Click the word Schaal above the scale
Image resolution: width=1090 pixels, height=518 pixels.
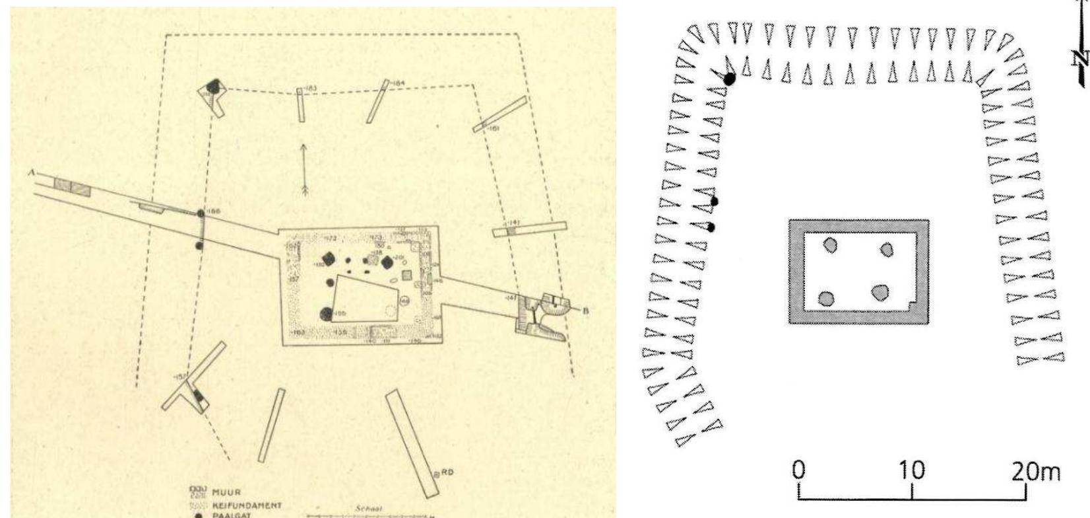(x=364, y=509)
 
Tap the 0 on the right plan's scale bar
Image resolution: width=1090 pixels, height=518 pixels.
(x=799, y=470)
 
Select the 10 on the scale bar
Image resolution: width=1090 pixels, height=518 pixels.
(x=911, y=470)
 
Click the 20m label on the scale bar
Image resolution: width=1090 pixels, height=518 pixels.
(x=1037, y=470)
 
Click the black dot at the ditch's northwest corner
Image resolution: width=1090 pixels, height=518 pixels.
(x=730, y=79)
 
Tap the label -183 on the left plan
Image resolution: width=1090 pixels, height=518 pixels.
(x=311, y=89)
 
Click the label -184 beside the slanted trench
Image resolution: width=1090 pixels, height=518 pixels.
(x=397, y=83)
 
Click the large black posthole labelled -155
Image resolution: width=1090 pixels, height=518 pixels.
(x=326, y=314)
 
